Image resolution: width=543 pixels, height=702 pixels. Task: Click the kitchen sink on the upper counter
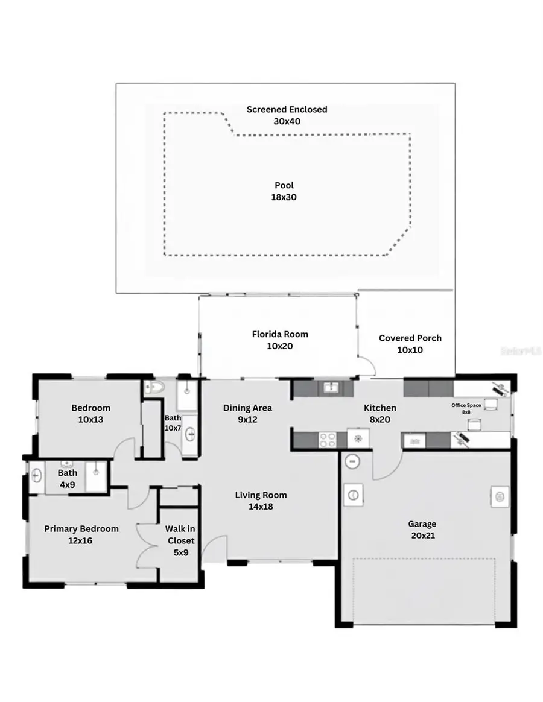tap(330, 388)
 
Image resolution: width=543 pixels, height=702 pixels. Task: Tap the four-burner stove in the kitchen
tap(328, 440)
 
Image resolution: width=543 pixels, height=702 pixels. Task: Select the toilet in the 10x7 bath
tap(154, 388)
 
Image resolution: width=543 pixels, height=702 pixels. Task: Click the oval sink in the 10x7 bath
tap(190, 432)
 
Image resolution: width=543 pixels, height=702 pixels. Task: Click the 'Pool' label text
tap(284, 186)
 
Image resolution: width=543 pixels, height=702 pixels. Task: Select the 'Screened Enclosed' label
tap(287, 109)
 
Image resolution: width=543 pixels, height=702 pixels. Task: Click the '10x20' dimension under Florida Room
tap(279, 346)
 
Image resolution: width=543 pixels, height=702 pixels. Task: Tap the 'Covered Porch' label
tap(410, 338)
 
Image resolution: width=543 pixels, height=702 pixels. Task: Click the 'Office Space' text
tap(466, 405)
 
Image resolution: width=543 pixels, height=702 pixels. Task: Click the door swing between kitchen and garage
tap(386, 464)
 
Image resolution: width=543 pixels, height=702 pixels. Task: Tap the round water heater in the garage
tap(352, 461)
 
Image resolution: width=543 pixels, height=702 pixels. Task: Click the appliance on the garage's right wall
tap(499, 496)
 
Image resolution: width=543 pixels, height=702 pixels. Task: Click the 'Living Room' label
tap(261, 495)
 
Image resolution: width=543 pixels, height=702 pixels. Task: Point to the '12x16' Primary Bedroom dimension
tap(81, 541)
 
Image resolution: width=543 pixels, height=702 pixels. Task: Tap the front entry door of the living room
tap(214, 549)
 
